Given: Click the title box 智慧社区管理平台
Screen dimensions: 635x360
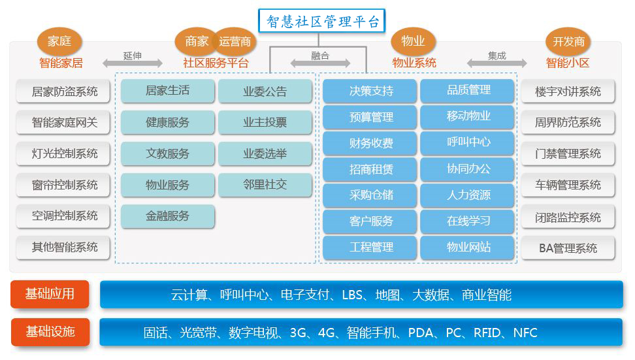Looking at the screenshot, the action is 321,21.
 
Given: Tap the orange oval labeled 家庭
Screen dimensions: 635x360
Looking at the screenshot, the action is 59,41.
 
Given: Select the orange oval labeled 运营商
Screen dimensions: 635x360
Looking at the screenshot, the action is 235,41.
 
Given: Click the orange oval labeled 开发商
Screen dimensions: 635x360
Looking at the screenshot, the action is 568,41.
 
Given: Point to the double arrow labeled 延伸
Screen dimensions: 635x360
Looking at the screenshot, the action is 133,63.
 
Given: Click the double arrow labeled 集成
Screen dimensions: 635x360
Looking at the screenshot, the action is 497,63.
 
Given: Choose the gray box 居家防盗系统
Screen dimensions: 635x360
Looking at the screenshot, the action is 63,91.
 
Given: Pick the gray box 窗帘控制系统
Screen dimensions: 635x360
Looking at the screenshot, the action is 63,185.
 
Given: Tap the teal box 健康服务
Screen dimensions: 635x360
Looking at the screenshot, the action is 168,122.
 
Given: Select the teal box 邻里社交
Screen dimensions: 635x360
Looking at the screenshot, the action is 265,185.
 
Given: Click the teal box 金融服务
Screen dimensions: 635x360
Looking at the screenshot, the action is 168,216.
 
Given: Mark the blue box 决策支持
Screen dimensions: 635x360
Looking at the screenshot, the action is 370,91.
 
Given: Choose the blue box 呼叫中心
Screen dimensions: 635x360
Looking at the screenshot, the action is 468,142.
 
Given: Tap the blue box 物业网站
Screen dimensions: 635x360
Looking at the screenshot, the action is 468,247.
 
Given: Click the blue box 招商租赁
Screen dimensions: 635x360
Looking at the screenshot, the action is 370,169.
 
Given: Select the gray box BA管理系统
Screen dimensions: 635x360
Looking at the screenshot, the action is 568,248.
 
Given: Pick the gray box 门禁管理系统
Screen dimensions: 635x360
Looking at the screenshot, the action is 568,154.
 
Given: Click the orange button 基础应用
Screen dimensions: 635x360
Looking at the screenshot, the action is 50,294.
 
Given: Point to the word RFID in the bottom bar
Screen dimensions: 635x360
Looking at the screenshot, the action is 487,333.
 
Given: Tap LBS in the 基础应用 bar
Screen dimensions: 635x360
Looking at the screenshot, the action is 352,295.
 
